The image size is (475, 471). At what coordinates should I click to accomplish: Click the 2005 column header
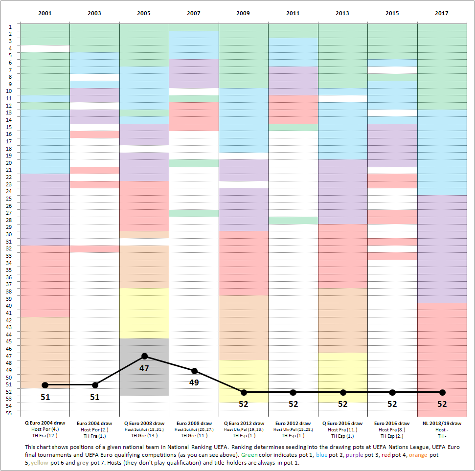click(x=144, y=13)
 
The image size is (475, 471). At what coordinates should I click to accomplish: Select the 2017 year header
click(x=442, y=13)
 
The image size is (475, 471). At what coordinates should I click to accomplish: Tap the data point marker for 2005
click(x=144, y=356)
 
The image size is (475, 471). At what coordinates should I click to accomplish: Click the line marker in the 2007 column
click(x=194, y=371)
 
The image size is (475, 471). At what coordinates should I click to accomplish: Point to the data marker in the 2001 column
click(x=45, y=385)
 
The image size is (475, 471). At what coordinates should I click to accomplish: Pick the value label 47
click(x=144, y=368)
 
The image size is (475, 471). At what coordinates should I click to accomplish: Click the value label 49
click(x=194, y=382)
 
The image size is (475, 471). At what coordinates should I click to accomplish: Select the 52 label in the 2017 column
click(x=442, y=404)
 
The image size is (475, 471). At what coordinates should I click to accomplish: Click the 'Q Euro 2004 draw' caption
click(x=45, y=424)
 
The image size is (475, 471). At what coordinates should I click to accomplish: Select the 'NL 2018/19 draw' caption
click(x=442, y=424)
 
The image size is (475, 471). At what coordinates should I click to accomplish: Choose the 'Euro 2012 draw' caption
click(x=293, y=424)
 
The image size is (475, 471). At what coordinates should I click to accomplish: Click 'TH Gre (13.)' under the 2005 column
click(x=144, y=435)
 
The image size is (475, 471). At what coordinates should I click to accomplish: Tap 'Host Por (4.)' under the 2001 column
click(x=45, y=429)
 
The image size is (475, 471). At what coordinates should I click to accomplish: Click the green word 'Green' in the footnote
click(x=249, y=455)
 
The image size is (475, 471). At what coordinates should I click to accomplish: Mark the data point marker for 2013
click(x=343, y=392)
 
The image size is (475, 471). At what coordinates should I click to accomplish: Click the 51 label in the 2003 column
click(x=94, y=397)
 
